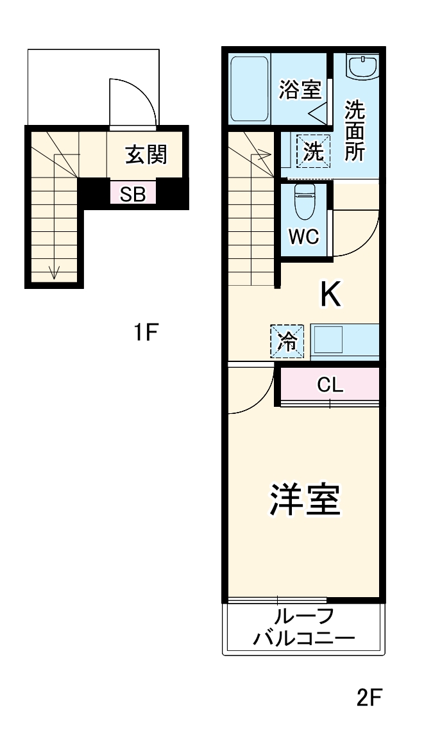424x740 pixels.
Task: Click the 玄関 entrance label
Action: click(146, 154)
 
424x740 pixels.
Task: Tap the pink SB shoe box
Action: click(133, 194)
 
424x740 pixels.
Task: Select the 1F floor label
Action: click(146, 333)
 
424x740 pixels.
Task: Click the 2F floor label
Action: click(369, 696)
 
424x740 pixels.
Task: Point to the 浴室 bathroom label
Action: click(299, 90)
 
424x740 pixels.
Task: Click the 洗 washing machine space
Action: click(313, 151)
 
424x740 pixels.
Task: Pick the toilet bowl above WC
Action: click(303, 202)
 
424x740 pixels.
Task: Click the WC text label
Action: click(303, 236)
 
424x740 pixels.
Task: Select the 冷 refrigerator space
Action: click(286, 341)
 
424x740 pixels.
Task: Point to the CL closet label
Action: click(330, 385)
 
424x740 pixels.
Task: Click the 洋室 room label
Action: click(303, 500)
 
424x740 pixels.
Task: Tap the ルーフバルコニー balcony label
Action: click(303, 628)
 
